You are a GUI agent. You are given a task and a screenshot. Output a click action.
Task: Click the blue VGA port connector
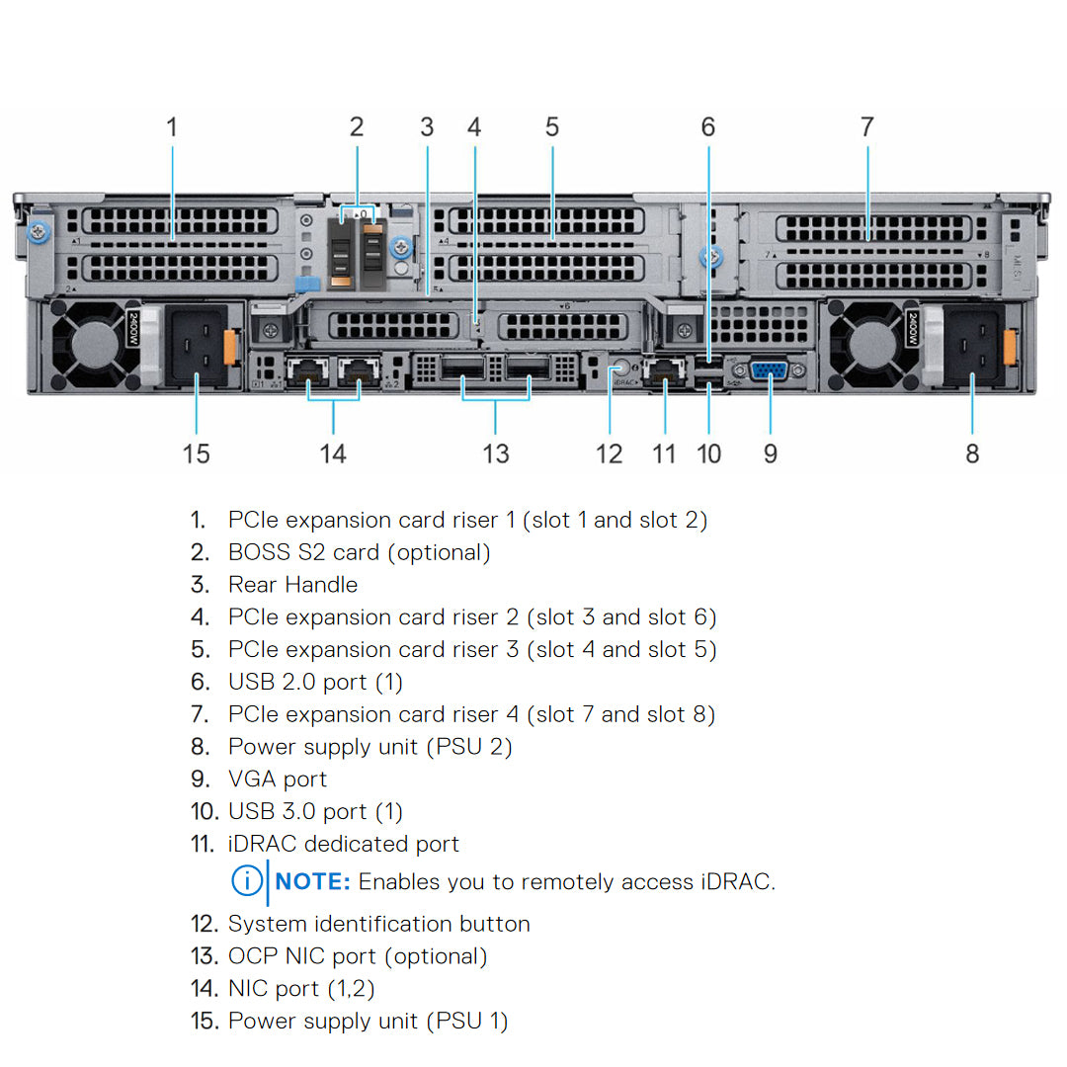[x=769, y=371]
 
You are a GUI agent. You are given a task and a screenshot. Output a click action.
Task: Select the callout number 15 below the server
[x=197, y=453]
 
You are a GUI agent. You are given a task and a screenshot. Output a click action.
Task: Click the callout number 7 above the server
[x=866, y=127]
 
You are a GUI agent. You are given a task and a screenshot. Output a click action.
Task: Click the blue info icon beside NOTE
[x=247, y=881]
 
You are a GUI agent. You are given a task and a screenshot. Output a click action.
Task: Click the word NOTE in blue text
[x=313, y=881]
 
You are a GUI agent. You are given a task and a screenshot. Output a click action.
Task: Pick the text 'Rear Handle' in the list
[x=292, y=585]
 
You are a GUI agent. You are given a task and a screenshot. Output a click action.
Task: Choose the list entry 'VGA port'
[x=278, y=780]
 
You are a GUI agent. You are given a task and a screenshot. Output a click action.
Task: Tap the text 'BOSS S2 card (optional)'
[x=359, y=552]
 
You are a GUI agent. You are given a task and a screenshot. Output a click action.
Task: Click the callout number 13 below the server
[x=496, y=453]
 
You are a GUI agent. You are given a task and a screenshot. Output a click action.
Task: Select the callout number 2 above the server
[x=357, y=127]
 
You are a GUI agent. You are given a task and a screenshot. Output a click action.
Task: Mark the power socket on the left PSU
[x=195, y=349]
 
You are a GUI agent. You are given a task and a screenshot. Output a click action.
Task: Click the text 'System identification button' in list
[x=378, y=924]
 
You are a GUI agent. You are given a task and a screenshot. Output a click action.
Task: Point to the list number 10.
[x=203, y=812]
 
